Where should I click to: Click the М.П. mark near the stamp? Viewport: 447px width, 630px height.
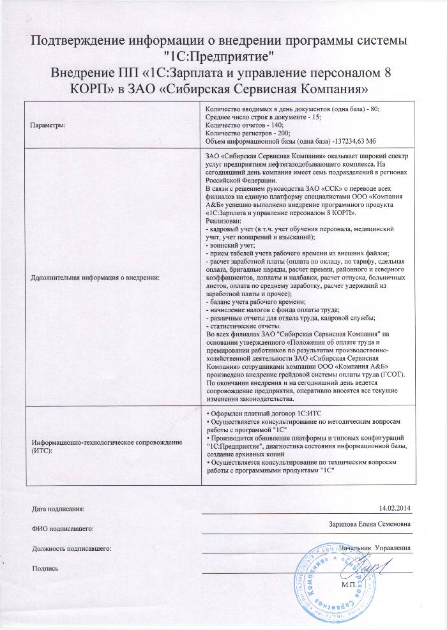[347, 584]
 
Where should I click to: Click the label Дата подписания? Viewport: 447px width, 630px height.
[57, 508]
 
